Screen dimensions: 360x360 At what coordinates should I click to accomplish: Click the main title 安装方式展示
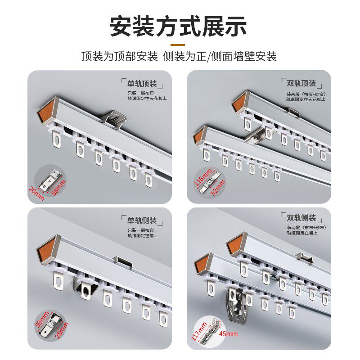pos(179,27)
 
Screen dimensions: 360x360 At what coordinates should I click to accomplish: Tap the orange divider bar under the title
pos(179,45)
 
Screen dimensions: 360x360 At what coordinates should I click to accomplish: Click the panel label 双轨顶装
pos(301,83)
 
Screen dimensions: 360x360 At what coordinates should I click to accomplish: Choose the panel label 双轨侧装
pos(301,218)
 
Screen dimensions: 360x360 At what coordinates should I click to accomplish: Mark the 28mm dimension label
pos(60,325)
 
